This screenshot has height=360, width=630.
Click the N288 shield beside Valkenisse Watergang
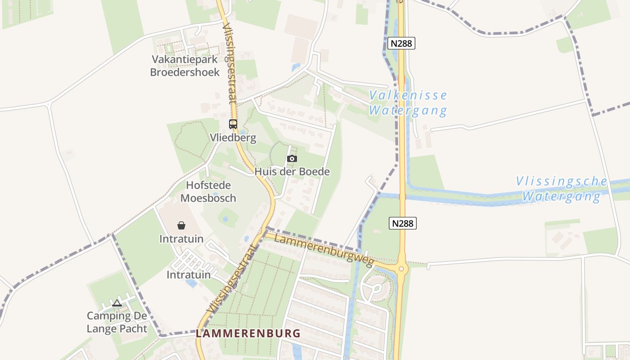(401, 43)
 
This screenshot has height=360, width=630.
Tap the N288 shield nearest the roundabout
(403, 223)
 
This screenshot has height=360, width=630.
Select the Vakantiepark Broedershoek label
(185, 66)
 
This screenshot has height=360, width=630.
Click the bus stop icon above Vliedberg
(233, 124)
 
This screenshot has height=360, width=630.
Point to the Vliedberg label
(233, 138)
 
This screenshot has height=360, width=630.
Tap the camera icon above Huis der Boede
(292, 158)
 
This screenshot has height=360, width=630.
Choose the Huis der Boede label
(292, 171)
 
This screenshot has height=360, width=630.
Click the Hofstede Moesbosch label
(208, 192)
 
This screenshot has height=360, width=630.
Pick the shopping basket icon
(181, 225)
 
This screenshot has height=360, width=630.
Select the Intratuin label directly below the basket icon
(181, 239)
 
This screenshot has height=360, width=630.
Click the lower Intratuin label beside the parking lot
(189, 274)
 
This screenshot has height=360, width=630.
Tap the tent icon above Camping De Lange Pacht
(117, 303)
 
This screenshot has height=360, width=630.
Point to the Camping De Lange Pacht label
(117, 322)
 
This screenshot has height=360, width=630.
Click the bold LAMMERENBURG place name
(248, 333)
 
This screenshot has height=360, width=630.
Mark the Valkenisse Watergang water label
(408, 103)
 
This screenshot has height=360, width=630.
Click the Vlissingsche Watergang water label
(561, 189)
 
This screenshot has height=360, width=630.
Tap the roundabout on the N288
(401, 269)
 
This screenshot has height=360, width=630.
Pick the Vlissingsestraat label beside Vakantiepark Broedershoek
(229, 64)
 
